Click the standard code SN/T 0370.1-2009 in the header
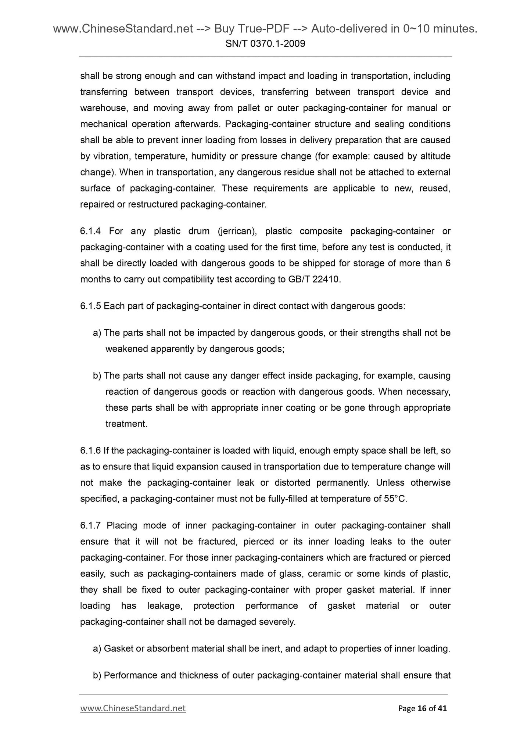pos(265,44)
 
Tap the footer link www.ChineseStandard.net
pos(133,708)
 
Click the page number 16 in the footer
pos(422,708)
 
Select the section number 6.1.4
pos(90,231)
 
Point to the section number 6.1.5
pos(90,306)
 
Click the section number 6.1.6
pos(90,450)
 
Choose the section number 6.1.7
pos(90,525)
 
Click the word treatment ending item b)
pos(126,424)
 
